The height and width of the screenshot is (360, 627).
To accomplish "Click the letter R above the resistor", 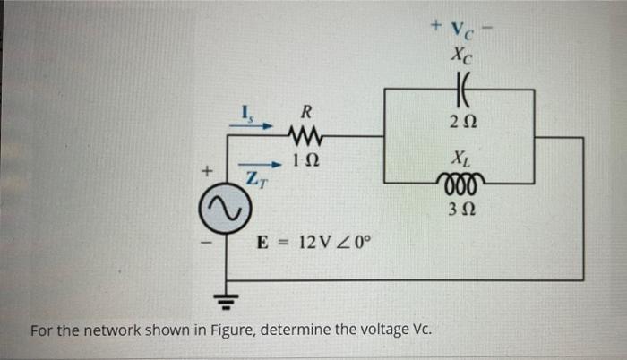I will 305,113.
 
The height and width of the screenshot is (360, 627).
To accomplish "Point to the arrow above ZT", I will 255,166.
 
